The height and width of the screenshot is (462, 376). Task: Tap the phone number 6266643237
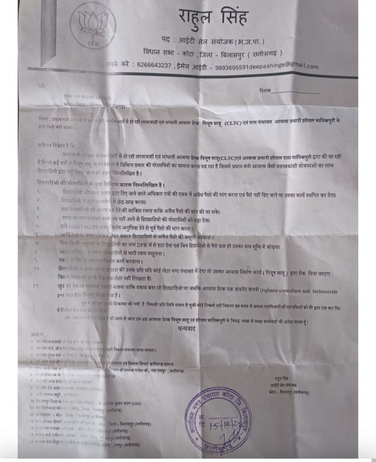pos(152,65)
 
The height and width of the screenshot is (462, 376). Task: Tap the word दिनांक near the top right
pos(265,91)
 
